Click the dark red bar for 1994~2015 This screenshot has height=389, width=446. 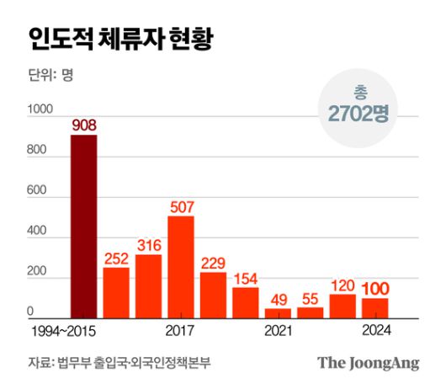click(x=83, y=227)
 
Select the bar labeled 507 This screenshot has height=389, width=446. click(x=181, y=268)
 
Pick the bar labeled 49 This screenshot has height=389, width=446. click(x=278, y=313)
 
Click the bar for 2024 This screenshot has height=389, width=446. click(x=375, y=308)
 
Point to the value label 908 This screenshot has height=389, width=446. click(x=83, y=125)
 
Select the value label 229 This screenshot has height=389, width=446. click(x=214, y=262)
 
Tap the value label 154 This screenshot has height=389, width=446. click(x=246, y=277)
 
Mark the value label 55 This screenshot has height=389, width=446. click(x=311, y=297)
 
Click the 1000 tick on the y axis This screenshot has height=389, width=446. click(x=40, y=110)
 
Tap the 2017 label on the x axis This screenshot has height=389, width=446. click(x=181, y=331)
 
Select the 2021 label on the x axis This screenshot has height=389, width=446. click(x=278, y=331)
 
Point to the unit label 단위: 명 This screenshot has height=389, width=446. click(x=50, y=77)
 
